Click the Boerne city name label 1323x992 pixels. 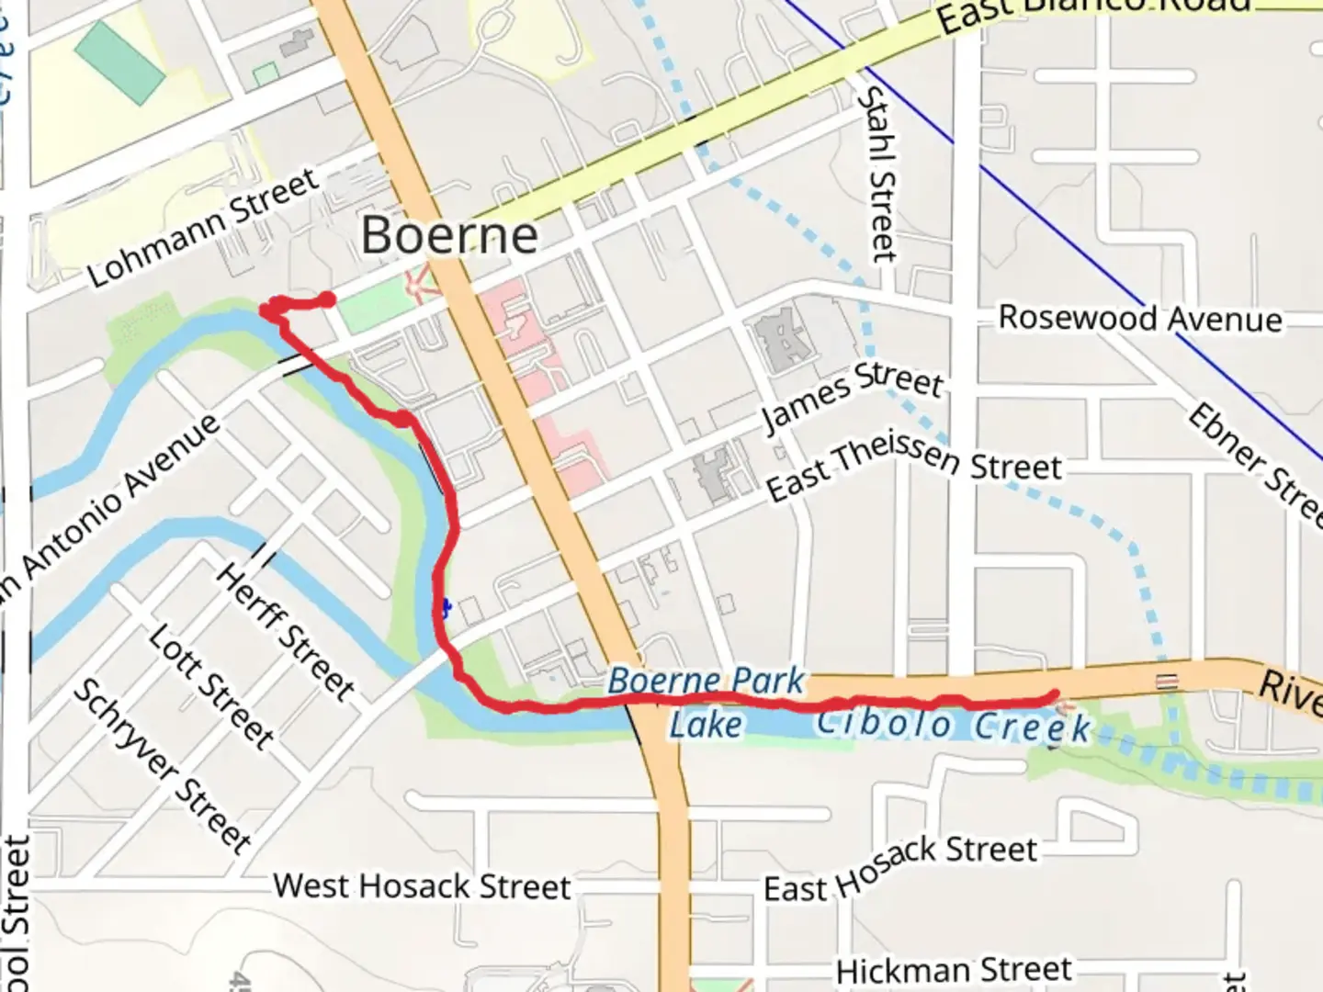[449, 235]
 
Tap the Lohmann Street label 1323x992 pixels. [204, 228]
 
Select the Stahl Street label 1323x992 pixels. [877, 175]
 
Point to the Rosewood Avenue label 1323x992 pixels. [1139, 318]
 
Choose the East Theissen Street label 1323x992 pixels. [913, 467]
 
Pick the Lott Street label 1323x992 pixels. [211, 686]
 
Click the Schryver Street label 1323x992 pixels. [162, 765]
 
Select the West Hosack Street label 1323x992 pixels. [422, 886]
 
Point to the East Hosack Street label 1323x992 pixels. [900, 867]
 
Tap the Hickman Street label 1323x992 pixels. [953, 969]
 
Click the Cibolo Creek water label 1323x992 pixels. [953, 725]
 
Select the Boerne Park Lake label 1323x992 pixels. [706, 703]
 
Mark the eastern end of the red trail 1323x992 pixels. [1054, 695]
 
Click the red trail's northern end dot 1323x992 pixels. [326, 299]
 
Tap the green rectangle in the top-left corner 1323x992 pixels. [120, 62]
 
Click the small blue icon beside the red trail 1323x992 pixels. [445, 607]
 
